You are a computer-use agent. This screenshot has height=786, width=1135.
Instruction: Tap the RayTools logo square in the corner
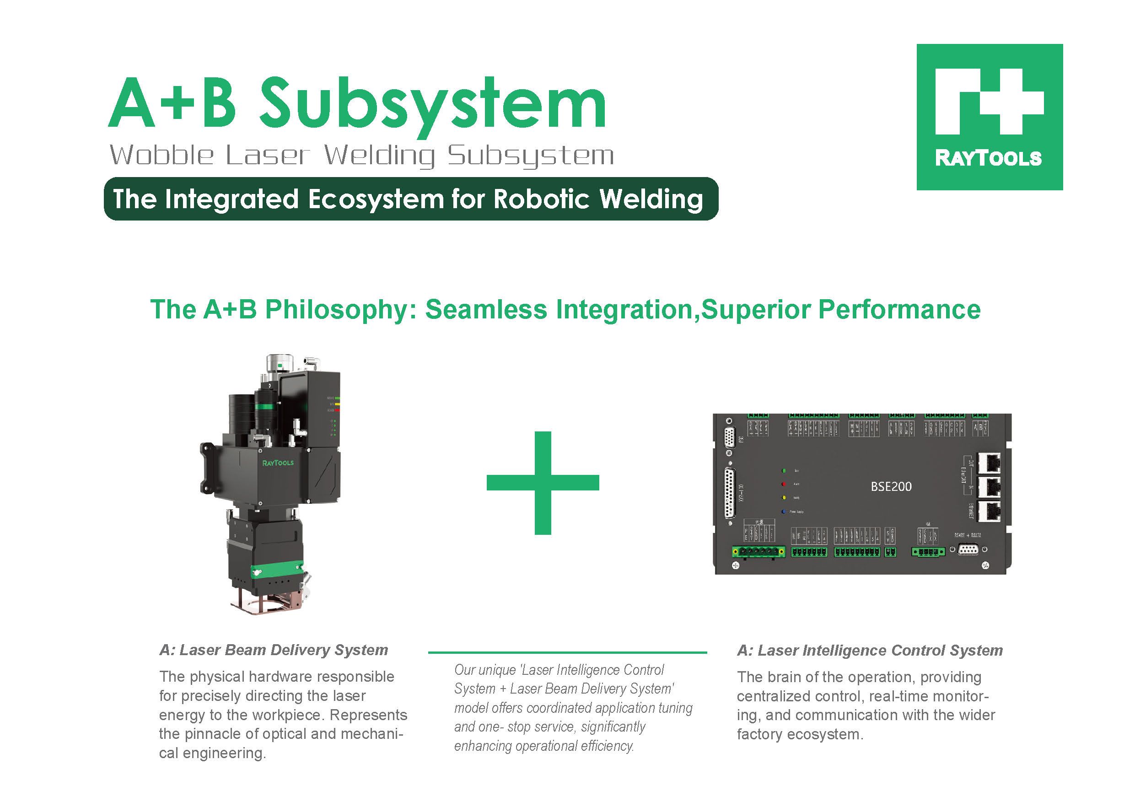(989, 117)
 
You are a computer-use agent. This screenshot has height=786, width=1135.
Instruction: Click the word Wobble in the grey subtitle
(161, 156)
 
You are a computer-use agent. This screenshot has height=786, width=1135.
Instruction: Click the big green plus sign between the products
(543, 483)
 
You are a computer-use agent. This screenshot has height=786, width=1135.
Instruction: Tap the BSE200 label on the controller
(891, 487)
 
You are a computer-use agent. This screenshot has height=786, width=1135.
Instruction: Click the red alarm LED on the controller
(784, 484)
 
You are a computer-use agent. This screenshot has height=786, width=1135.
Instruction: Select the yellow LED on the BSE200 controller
(784, 498)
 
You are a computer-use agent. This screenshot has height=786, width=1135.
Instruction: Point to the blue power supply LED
(784, 511)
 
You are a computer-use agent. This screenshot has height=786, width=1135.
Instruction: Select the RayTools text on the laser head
(278, 463)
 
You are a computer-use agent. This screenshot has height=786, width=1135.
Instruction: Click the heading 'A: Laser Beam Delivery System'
(274, 650)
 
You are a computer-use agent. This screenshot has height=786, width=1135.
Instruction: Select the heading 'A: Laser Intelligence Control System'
(870, 651)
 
